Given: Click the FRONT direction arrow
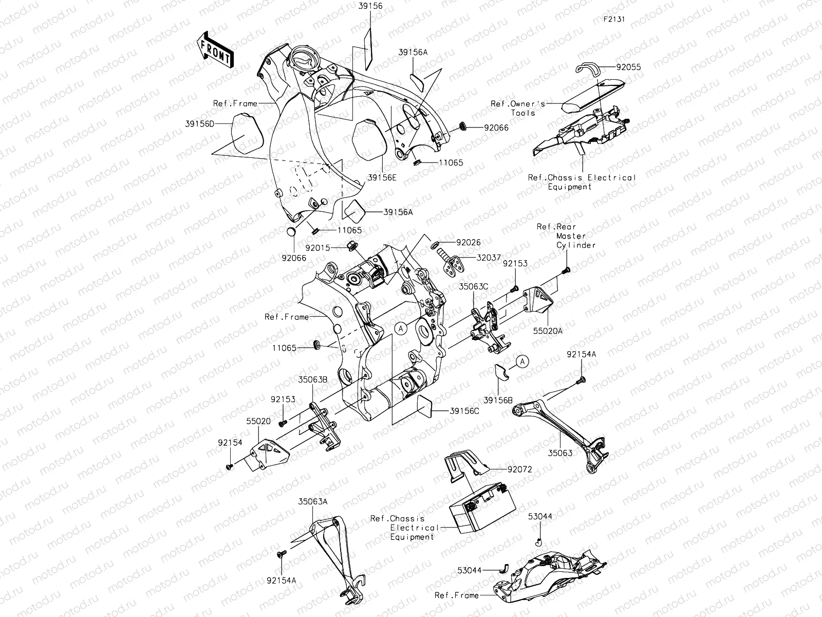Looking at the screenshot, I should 215,50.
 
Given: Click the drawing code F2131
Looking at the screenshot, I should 614,20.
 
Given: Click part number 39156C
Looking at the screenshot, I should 464,411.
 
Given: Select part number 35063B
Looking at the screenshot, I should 313,380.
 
